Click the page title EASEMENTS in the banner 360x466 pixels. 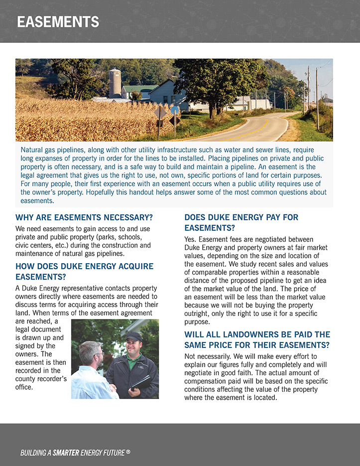(58, 22)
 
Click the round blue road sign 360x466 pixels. (174, 110)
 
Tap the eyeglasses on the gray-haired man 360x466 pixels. (99, 354)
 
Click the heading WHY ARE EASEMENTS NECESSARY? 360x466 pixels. (84, 217)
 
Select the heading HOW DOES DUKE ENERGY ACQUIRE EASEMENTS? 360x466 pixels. (85, 272)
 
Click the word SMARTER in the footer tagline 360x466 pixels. (73, 453)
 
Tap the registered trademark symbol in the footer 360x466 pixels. (128, 452)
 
